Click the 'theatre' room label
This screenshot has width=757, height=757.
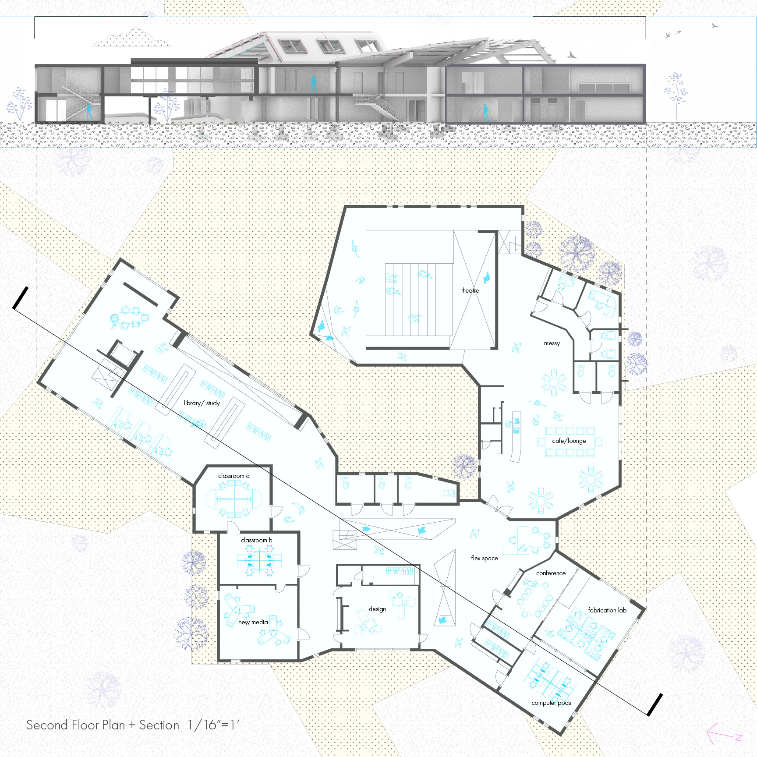[470, 290]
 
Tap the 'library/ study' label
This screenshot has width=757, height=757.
[202, 403]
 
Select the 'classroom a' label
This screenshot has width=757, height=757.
[233, 476]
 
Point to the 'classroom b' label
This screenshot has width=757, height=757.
[256, 540]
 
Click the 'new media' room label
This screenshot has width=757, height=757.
[253, 622]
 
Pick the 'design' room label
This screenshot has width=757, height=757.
[377, 609]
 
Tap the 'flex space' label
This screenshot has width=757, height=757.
[484, 558]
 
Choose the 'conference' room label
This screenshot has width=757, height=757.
[551, 573]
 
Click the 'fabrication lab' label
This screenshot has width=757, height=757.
[607, 610]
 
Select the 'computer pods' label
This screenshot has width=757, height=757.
[551, 703]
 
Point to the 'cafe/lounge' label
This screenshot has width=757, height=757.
[569, 441]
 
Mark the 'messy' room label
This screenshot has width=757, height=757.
[552, 343]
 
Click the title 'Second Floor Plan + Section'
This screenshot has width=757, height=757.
[103, 725]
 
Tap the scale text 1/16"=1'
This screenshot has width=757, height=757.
[213, 725]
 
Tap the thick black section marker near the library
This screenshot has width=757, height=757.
[20, 298]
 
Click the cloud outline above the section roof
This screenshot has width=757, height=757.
[131, 38]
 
